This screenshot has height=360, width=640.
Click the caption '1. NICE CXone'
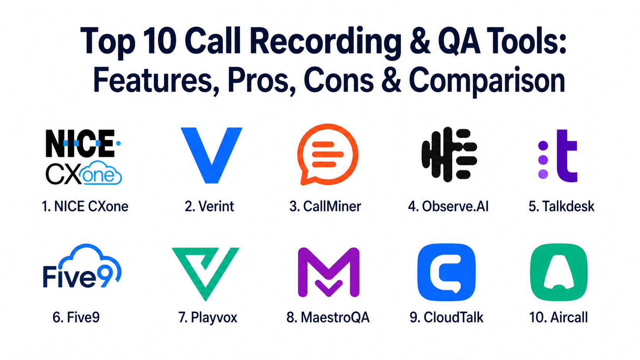click(85, 206)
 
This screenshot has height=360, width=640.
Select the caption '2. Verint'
click(209, 206)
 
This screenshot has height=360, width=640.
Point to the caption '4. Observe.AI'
click(448, 206)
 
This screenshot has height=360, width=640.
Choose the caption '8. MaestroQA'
click(328, 317)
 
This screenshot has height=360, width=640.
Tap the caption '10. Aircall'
click(558, 317)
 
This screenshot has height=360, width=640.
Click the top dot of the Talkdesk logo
click(543, 145)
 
